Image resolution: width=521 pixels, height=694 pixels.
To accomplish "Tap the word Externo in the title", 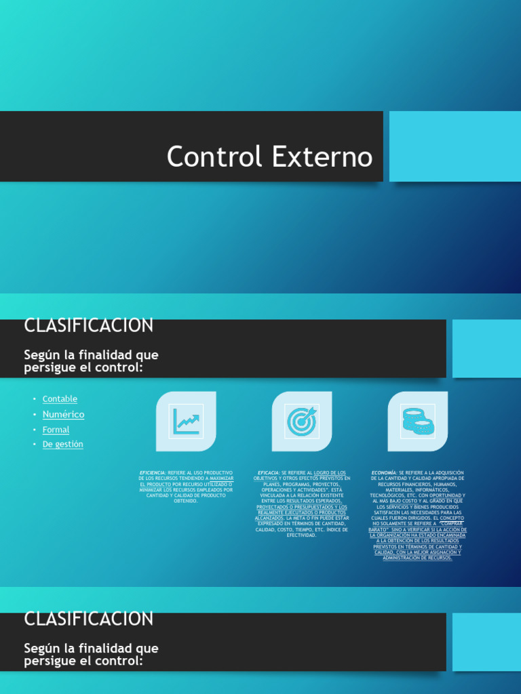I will [x=322, y=157].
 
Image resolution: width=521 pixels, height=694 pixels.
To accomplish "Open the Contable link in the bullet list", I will [x=60, y=399].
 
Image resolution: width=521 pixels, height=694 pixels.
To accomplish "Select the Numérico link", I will [x=63, y=414].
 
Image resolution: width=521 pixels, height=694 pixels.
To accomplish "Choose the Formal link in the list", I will [x=56, y=430].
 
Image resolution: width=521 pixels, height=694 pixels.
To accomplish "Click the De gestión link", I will [x=62, y=445].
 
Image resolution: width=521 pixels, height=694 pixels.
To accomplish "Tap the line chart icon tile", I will [x=186, y=421].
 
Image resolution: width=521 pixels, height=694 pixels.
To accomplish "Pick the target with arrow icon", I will [x=302, y=421].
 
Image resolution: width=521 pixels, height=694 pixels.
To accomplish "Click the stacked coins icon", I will [x=418, y=421].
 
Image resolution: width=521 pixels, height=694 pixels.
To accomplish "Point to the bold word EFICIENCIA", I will [x=153, y=472].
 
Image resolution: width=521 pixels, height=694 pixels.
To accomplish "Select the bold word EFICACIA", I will [x=269, y=472].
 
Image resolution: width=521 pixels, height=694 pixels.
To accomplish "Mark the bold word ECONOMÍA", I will [x=384, y=472].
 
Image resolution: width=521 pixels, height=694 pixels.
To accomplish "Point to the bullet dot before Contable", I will [x=35, y=399].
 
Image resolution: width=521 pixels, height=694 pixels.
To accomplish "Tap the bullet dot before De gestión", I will [x=35, y=445].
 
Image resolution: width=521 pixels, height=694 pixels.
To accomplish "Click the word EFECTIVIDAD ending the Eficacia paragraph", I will [x=302, y=535].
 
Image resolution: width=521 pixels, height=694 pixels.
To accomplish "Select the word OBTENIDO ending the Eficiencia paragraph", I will [x=186, y=501].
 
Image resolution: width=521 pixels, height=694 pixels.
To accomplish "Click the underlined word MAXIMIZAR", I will [x=222, y=478].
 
